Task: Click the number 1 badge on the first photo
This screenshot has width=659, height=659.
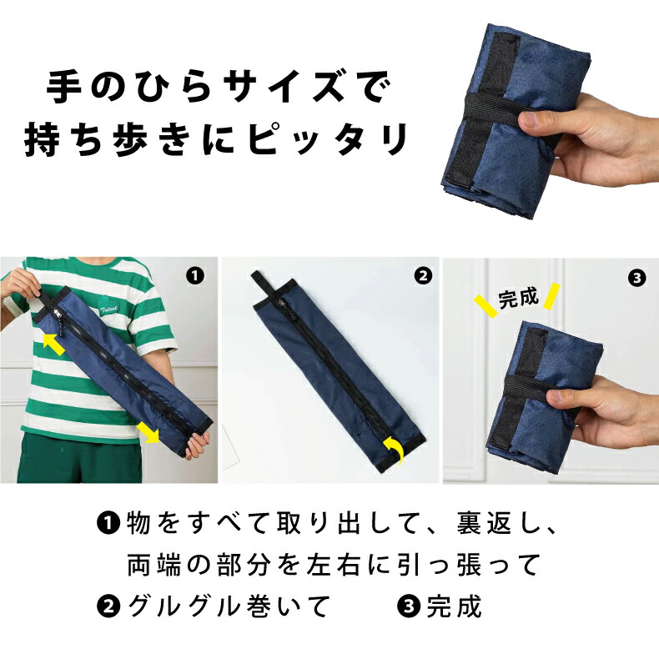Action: (x=195, y=276)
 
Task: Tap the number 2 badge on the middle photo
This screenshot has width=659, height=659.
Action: (x=423, y=276)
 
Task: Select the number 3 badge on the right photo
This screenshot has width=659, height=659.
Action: (x=637, y=279)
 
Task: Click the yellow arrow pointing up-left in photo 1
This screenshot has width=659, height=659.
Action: (x=54, y=344)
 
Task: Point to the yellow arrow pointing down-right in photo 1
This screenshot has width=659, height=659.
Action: (x=148, y=432)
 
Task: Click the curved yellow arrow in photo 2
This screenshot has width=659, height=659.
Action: (x=396, y=450)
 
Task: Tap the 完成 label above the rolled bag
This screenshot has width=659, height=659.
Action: (x=518, y=298)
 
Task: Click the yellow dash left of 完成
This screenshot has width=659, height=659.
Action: (x=485, y=305)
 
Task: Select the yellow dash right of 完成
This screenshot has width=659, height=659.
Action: (x=552, y=296)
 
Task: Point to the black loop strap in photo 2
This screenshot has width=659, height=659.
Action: (x=264, y=286)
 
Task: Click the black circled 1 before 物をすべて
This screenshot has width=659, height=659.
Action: (x=108, y=522)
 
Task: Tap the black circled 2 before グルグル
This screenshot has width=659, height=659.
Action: (x=108, y=606)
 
